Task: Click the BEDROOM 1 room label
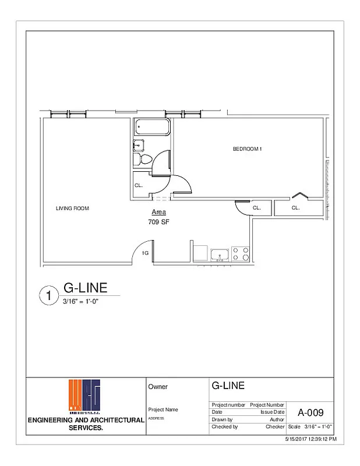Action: tap(248, 149)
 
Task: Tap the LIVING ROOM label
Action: tap(72, 209)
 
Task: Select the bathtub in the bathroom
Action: tap(151, 127)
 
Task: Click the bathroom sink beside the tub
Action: tap(139, 145)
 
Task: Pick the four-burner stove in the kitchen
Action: tap(241, 253)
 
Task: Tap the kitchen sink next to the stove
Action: tap(220, 254)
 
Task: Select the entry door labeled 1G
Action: tap(144, 253)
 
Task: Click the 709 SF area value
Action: tap(159, 222)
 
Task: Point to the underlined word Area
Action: tap(158, 212)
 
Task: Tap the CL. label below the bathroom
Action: tap(139, 185)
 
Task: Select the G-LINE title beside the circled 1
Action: tap(85, 288)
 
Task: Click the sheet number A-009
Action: tap(310, 413)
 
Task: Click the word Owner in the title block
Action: tap(158, 386)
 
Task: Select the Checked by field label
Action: tap(224, 426)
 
